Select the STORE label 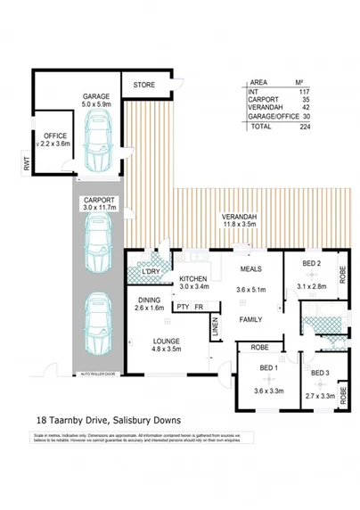point(144,85)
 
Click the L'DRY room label point(151,271)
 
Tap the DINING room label point(151,300)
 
